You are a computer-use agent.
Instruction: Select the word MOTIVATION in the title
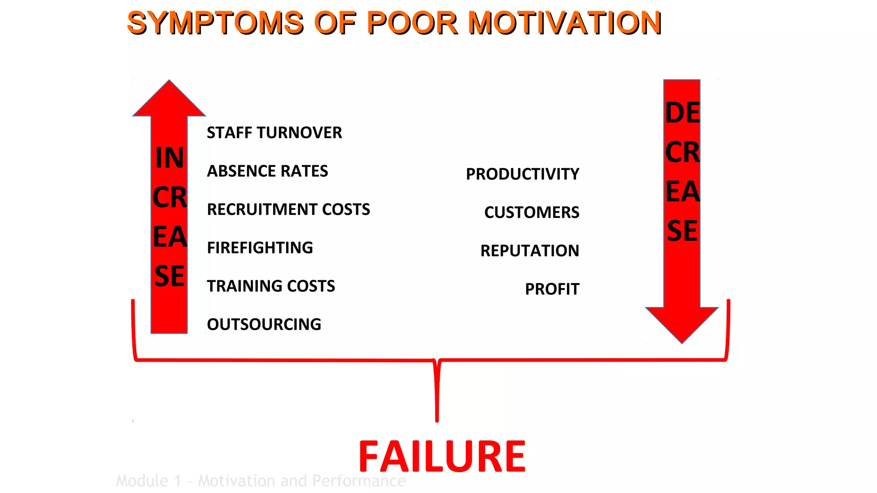[x=565, y=23]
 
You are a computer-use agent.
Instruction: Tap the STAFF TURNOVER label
[x=274, y=133]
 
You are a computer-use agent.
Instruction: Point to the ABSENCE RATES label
[x=267, y=171]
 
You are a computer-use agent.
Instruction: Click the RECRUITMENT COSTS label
[x=288, y=209]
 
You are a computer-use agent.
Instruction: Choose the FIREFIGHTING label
[x=260, y=248]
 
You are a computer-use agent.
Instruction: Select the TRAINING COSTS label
[x=271, y=286]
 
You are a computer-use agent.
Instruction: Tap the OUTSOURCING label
[x=264, y=324]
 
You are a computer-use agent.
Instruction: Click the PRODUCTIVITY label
[x=522, y=174]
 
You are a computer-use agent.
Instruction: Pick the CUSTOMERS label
[x=531, y=212]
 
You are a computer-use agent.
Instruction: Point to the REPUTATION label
[x=530, y=251]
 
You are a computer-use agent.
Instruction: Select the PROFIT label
[x=552, y=289]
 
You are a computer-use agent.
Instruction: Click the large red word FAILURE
[x=442, y=457]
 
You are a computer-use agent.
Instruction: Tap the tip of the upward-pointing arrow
[x=169, y=82]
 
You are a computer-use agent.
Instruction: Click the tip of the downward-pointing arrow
[x=682, y=341]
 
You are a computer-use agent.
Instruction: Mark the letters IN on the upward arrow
[x=170, y=158]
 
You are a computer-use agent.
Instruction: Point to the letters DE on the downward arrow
[x=682, y=113]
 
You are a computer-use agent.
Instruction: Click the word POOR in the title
[x=412, y=23]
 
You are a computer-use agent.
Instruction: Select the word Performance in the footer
[x=359, y=481]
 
